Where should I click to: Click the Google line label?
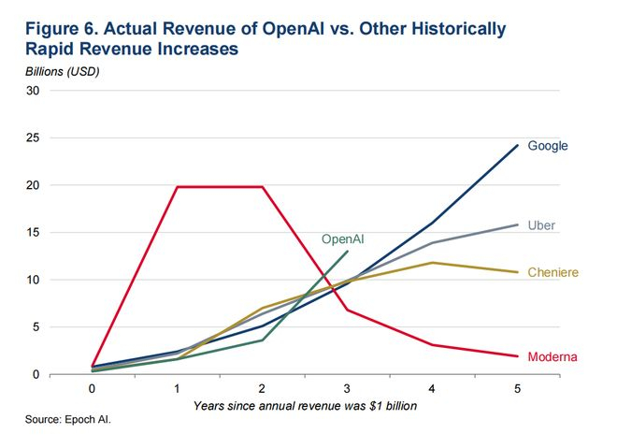pyautogui.click(x=548, y=146)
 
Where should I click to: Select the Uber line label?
pyautogui.click(x=542, y=226)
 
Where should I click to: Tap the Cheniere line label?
pyautogui.click(x=553, y=272)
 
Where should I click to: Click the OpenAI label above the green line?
pyautogui.click(x=342, y=239)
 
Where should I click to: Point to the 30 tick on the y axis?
pyautogui.click(x=33, y=91)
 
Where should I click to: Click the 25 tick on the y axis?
pyautogui.click(x=33, y=138)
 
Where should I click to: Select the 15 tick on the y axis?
pyautogui.click(x=33, y=233)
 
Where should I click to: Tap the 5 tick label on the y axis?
pyautogui.click(x=36, y=327)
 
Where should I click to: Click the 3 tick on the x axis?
pyautogui.click(x=347, y=388)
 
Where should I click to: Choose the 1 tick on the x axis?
pyautogui.click(x=177, y=388)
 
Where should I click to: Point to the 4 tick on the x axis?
pyautogui.click(x=432, y=388)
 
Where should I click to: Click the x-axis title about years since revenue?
pyautogui.click(x=305, y=405)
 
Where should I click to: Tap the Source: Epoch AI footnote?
pyautogui.click(x=67, y=422)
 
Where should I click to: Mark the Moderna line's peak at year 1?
pyautogui.click(x=177, y=187)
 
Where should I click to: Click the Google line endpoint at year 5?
pyautogui.click(x=517, y=146)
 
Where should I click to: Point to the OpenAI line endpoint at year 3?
pyautogui.click(x=347, y=251)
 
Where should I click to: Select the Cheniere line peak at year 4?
pyautogui.click(x=432, y=263)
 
